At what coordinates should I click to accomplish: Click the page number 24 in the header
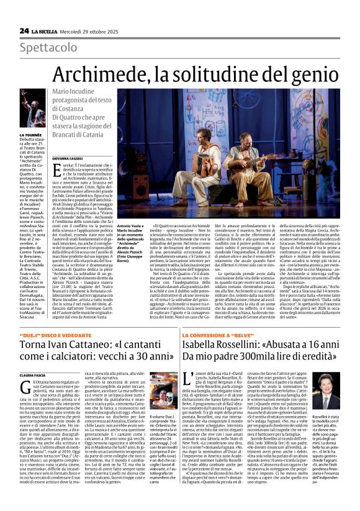click(24, 30)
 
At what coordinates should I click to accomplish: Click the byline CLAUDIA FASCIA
click(33, 376)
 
